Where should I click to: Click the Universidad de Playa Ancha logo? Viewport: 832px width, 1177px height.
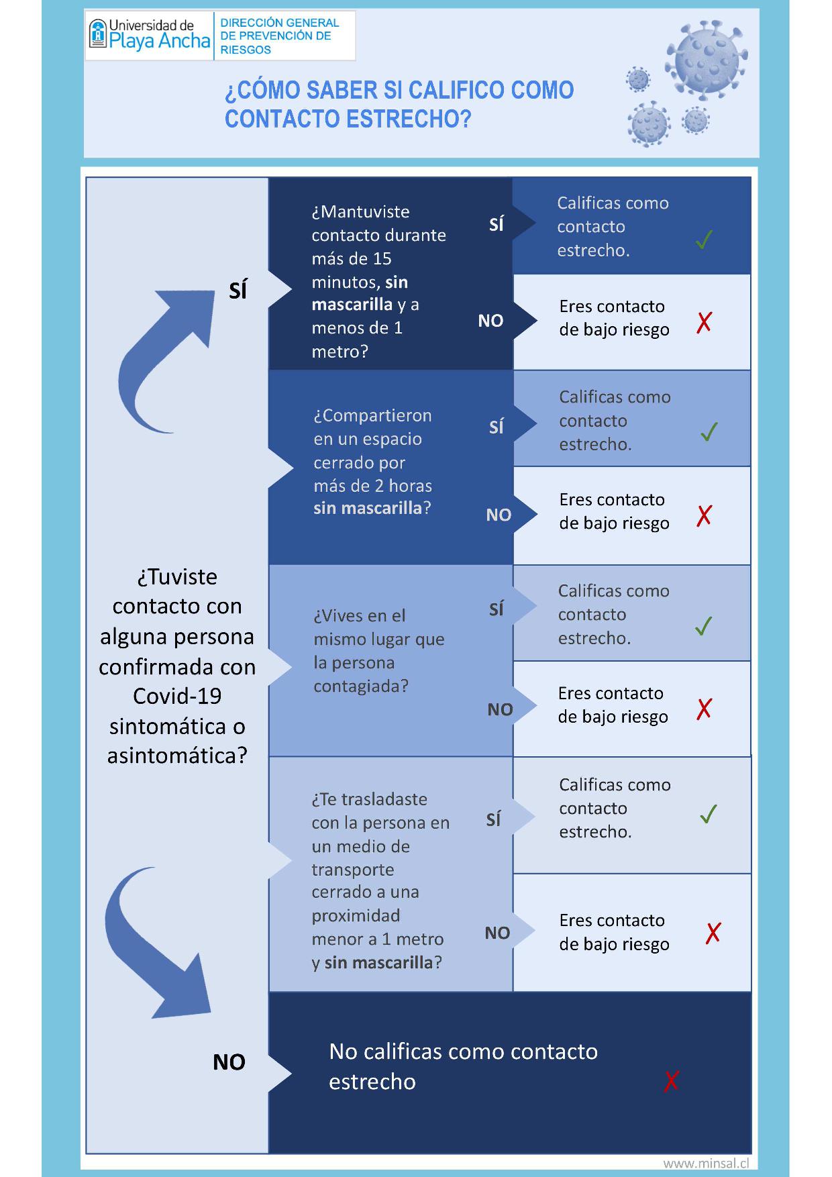tap(149, 35)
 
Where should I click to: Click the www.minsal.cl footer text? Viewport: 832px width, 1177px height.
tap(706, 1164)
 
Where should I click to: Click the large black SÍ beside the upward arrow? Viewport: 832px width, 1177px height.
tap(238, 291)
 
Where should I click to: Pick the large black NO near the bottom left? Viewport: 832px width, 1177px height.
tap(229, 1062)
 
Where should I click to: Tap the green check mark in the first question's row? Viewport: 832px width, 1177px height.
tap(704, 240)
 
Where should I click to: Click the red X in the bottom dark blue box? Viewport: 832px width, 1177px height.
tap(671, 1081)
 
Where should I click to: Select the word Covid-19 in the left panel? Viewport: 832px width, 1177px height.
tap(177, 696)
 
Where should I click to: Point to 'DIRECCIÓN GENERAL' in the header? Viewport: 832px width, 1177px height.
tap(280, 23)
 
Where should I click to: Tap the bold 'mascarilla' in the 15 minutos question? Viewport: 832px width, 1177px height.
tap(352, 305)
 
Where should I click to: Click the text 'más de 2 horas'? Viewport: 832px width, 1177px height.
tap(372, 486)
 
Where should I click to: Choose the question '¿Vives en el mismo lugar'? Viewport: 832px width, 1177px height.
tap(378, 650)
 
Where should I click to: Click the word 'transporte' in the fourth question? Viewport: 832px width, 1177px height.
tap(352, 870)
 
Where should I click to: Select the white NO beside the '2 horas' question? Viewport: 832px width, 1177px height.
tap(499, 515)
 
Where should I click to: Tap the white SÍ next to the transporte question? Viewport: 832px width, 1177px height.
tap(494, 820)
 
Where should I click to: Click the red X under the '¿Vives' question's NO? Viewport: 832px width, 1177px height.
tap(704, 709)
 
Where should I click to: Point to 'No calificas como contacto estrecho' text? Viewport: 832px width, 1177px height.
tap(463, 1066)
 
